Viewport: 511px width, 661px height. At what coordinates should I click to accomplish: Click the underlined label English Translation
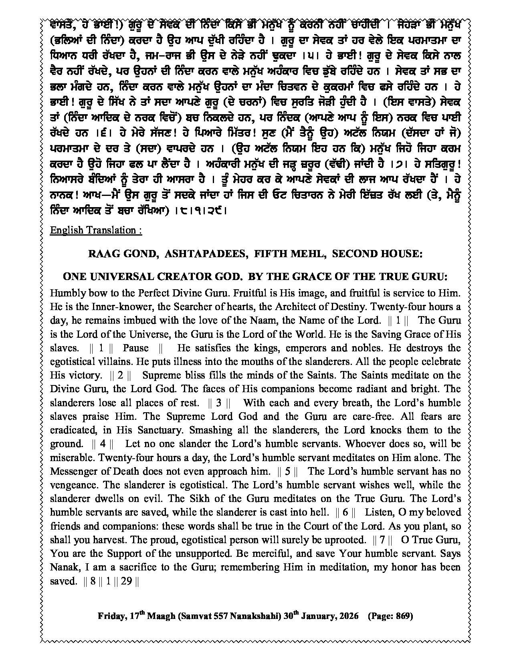click(x=95, y=230)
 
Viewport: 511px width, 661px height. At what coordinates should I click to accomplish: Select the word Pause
click(x=135, y=348)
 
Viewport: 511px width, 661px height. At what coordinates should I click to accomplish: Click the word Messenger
click(x=74, y=471)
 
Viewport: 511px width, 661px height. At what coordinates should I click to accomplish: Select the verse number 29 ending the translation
click(x=126, y=581)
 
